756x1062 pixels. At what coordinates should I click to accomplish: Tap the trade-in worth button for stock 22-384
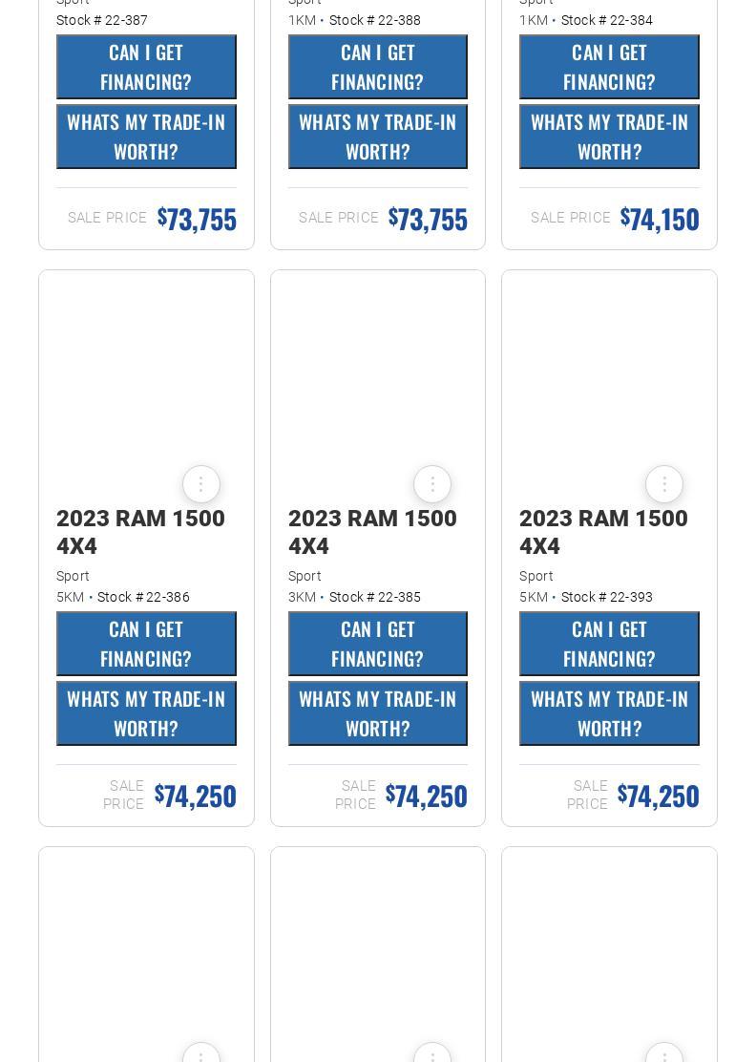(x=609, y=137)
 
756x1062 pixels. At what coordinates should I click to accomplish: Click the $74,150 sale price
(x=660, y=219)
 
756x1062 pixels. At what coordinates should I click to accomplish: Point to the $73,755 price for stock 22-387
(x=197, y=219)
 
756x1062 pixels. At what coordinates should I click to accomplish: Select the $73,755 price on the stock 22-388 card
(x=428, y=219)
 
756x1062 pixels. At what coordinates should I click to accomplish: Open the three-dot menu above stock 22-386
(x=201, y=484)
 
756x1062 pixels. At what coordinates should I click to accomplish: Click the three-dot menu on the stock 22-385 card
(x=432, y=484)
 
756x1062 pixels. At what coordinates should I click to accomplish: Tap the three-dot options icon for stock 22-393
(x=664, y=484)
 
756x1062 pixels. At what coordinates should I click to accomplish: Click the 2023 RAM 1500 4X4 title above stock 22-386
(x=140, y=532)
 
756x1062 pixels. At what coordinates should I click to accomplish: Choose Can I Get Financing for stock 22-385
(x=378, y=644)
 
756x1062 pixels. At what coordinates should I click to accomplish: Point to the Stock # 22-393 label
(x=607, y=597)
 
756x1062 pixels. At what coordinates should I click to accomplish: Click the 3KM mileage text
(x=302, y=597)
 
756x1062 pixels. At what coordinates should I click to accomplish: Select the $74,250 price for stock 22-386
(x=196, y=796)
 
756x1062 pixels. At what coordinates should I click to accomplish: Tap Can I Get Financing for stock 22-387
(x=146, y=67)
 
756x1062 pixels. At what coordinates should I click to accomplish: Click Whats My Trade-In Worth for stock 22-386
(x=146, y=713)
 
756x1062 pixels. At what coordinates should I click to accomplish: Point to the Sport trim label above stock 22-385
(x=304, y=576)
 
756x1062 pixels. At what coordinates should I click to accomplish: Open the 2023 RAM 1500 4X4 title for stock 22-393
(x=603, y=532)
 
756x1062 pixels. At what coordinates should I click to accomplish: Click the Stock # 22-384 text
(x=607, y=20)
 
